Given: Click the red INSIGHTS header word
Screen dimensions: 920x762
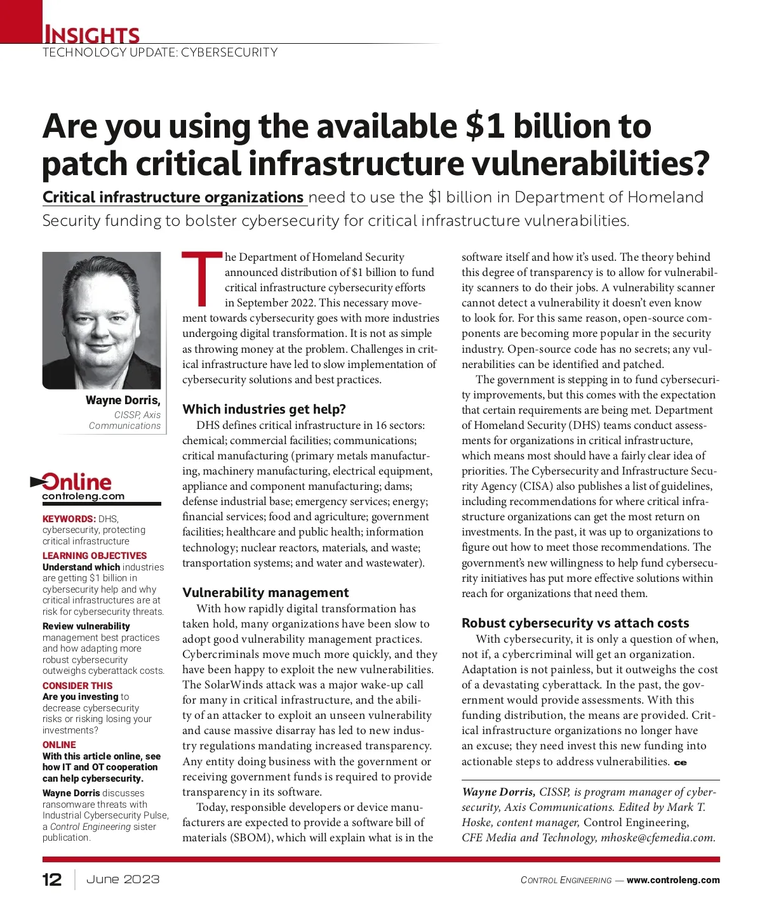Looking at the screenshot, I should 91,34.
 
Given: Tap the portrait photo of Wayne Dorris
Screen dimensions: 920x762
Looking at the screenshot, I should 102,320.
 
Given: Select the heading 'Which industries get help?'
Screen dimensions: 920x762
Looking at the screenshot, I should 264,409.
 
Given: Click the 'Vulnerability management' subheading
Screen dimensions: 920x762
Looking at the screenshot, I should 265,593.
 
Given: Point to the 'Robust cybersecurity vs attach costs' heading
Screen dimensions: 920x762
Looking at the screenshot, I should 575,623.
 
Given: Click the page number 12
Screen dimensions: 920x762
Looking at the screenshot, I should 52,879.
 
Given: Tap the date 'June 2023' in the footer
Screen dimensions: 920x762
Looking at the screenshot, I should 123,879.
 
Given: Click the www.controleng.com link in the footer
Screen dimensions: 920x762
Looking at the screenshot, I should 673,880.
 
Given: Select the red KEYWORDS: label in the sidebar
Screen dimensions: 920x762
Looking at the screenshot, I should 69,519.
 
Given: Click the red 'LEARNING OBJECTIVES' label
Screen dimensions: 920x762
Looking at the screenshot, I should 95,556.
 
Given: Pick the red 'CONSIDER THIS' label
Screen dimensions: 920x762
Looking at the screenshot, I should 77,686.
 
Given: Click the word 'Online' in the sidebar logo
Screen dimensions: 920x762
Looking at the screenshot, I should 77,482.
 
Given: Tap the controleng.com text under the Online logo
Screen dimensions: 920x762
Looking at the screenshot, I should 83,497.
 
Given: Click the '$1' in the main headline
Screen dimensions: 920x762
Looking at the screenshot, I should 485,126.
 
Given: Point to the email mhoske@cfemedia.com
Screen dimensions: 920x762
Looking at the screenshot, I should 658,838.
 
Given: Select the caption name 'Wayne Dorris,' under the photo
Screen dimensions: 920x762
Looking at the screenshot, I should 123,400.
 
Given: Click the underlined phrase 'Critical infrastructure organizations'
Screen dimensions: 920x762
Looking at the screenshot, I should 173,197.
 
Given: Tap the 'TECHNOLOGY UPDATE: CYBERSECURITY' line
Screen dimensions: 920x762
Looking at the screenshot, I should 160,53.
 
